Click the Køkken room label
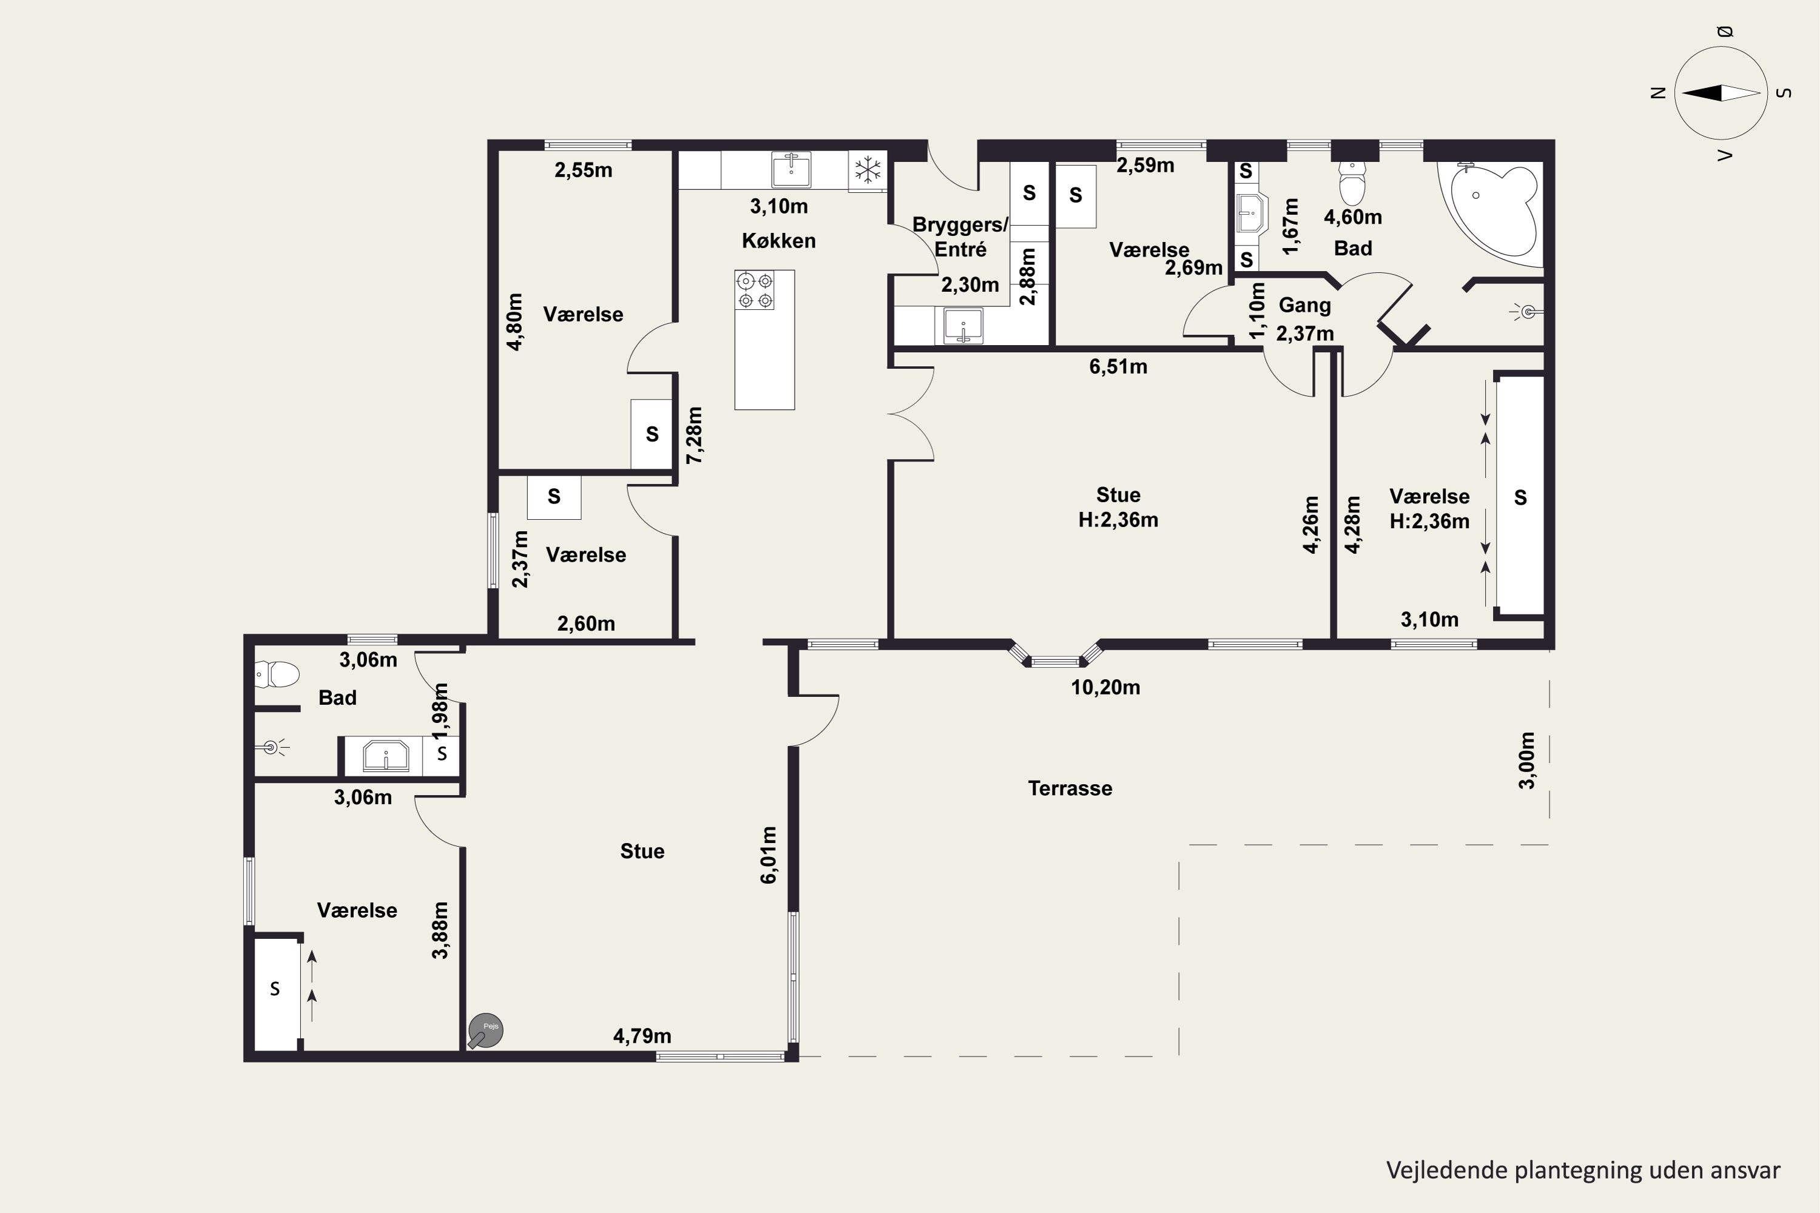[778, 241]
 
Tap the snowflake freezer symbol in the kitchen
[868, 170]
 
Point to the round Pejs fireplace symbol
[486, 1030]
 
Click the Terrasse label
[1070, 788]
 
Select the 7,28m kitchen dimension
[695, 435]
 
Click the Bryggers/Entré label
[960, 237]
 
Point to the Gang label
[1305, 306]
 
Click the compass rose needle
[1721, 93]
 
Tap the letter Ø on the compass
[1724, 32]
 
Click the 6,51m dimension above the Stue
[1118, 367]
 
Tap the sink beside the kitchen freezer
[791, 170]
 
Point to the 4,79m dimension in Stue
[642, 1036]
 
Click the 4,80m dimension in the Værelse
[514, 322]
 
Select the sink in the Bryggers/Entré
[963, 326]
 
